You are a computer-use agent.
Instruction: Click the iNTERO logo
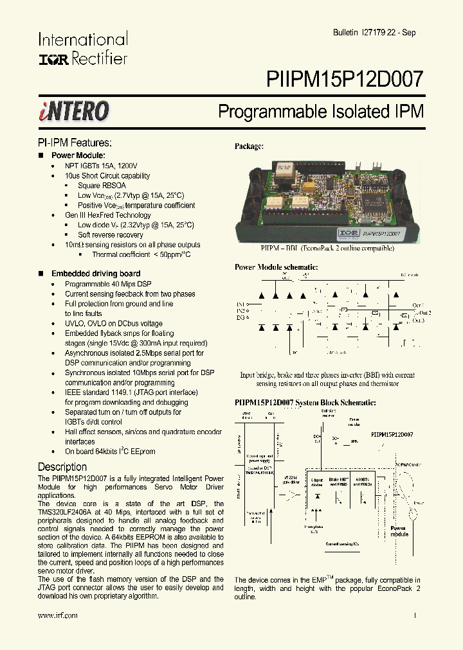[73, 111]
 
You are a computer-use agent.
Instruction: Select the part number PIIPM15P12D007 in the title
[345, 79]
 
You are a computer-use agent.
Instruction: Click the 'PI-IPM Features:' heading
[75, 143]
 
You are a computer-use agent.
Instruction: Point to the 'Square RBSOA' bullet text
[98, 186]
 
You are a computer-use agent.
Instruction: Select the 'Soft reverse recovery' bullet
[111, 235]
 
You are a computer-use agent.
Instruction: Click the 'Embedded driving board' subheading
[96, 274]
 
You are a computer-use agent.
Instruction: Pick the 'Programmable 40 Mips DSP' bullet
[108, 284]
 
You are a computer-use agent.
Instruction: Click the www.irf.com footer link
[58, 615]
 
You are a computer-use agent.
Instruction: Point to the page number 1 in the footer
[415, 615]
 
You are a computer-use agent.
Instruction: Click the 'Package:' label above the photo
[249, 146]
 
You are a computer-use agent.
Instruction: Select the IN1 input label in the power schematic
[240, 304]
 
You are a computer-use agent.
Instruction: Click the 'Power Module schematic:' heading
[276, 267]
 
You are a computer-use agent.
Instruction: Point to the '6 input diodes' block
[316, 483]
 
